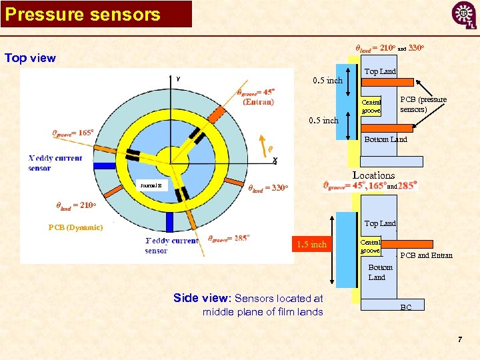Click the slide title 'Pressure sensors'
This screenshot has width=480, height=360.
coord(83,14)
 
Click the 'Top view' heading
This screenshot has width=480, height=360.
coord(30,58)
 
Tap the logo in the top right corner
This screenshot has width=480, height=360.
coord(463,15)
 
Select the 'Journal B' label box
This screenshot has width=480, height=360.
coord(150,185)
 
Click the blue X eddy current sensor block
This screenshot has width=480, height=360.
coord(105,164)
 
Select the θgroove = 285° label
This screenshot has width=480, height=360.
coord(229,238)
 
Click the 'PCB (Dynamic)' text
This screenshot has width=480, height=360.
coord(75,228)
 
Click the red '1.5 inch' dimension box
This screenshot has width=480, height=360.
coord(311,244)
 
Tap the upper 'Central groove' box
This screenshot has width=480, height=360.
coord(371,106)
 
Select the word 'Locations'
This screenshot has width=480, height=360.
coord(373,175)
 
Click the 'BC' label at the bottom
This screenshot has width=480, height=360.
coord(405,307)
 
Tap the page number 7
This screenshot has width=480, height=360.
coord(459,340)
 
